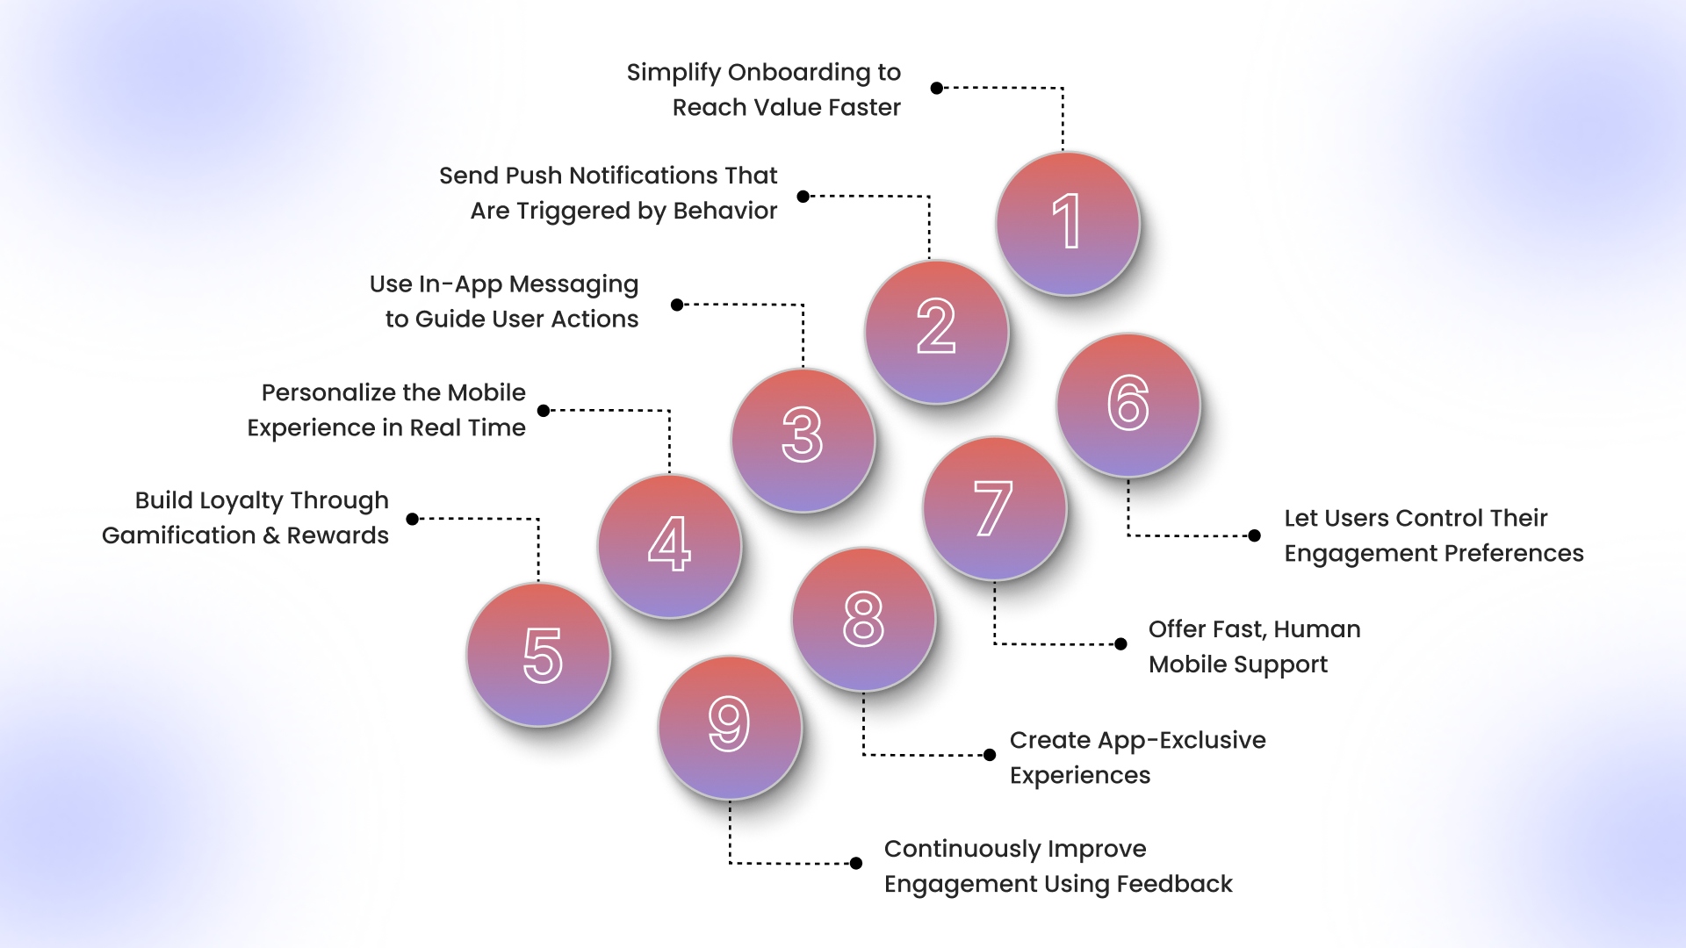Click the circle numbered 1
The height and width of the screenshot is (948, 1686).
pyautogui.click(x=1068, y=223)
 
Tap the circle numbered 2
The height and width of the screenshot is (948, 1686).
pyautogui.click(x=936, y=331)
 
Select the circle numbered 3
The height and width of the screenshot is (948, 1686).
pyautogui.click(x=803, y=439)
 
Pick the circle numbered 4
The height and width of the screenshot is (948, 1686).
pyautogui.click(x=669, y=546)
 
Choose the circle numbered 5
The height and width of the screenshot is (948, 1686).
pyautogui.click(x=538, y=654)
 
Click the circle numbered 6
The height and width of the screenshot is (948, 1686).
pyautogui.click(x=1128, y=405)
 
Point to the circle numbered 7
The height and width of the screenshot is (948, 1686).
pyautogui.click(x=995, y=508)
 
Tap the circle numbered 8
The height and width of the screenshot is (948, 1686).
pyautogui.click(x=863, y=619)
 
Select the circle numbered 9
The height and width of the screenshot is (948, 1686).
pyautogui.click(x=730, y=727)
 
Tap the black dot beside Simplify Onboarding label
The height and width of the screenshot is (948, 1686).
pyautogui.click(x=937, y=88)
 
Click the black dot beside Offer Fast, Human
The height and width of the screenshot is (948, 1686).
pyautogui.click(x=1120, y=644)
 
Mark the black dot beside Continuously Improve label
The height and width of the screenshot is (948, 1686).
pyautogui.click(x=856, y=864)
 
